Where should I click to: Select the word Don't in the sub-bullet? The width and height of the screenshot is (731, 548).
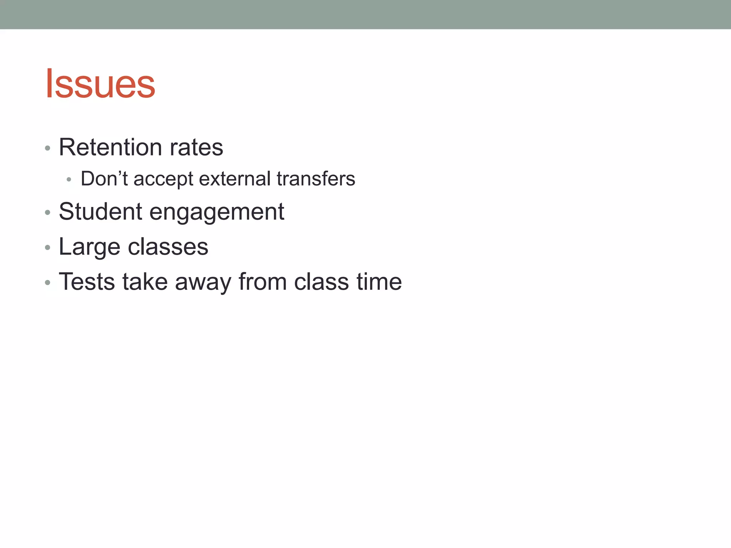104,178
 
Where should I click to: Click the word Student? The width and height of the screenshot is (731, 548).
100,211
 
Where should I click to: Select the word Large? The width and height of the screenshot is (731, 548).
89,247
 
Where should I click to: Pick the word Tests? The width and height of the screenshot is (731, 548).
87,282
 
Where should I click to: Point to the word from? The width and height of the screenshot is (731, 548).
263,282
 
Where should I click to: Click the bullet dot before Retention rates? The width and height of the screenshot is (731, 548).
47,148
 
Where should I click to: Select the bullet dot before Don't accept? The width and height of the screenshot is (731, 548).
69,179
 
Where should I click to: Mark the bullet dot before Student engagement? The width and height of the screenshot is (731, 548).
47,213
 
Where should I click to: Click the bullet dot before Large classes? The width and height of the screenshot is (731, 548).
47,248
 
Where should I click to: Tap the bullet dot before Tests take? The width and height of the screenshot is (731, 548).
47,283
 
